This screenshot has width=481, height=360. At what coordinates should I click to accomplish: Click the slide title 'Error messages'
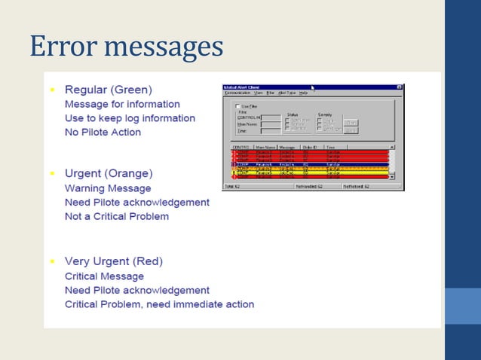(x=126, y=47)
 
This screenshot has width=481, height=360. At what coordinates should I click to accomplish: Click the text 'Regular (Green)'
(x=108, y=89)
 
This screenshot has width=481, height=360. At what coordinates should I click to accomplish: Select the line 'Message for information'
(x=122, y=104)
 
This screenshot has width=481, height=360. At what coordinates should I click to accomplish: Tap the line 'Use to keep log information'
(x=130, y=118)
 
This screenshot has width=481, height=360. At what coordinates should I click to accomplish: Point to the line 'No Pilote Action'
(x=103, y=133)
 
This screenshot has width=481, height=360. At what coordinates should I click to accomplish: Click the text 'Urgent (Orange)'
(x=109, y=173)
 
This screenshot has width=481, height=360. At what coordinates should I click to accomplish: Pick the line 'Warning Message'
(x=108, y=188)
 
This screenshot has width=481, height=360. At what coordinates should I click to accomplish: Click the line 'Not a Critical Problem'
(x=117, y=217)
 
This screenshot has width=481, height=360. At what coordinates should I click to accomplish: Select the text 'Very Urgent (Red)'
(x=113, y=261)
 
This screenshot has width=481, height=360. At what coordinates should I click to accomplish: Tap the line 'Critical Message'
(x=104, y=276)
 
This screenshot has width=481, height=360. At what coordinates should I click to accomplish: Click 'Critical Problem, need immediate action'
(x=159, y=304)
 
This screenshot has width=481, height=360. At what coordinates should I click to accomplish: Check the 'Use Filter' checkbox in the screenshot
(x=238, y=107)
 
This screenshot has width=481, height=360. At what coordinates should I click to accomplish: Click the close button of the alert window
(x=400, y=87)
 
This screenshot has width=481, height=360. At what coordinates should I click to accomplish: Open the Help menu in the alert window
(x=303, y=93)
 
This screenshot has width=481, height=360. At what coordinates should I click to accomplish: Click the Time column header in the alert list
(x=332, y=148)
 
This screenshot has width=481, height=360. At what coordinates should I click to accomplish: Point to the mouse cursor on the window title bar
(x=313, y=88)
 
